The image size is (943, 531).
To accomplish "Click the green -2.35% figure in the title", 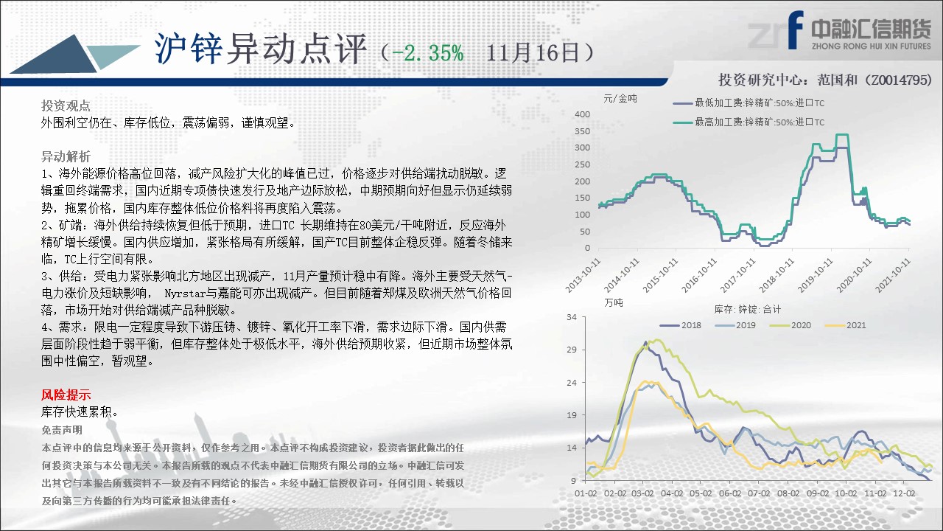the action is (428, 54).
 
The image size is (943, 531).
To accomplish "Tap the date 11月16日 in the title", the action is (533, 54).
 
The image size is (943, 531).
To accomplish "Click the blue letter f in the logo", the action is (795, 29).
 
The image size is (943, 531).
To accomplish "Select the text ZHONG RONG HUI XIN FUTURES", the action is (872, 46).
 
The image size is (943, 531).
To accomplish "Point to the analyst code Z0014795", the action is (900, 80).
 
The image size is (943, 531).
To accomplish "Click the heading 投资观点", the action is (66, 105).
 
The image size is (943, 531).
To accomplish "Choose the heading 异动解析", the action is (66, 157).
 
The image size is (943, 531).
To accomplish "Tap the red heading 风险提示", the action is (66, 395).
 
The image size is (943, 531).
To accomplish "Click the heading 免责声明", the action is (62, 430).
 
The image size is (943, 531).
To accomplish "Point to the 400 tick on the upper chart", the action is (583, 114).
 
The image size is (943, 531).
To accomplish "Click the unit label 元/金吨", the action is (620, 99).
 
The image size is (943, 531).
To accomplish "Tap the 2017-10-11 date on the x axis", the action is (738, 276).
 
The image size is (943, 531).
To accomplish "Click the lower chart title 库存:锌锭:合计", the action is (747, 310).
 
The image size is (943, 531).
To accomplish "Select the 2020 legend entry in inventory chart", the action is (790, 325).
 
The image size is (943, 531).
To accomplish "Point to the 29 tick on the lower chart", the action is (572, 350).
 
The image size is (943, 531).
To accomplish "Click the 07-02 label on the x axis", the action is (759, 493).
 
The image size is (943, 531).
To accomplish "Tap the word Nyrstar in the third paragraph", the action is (185, 294).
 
